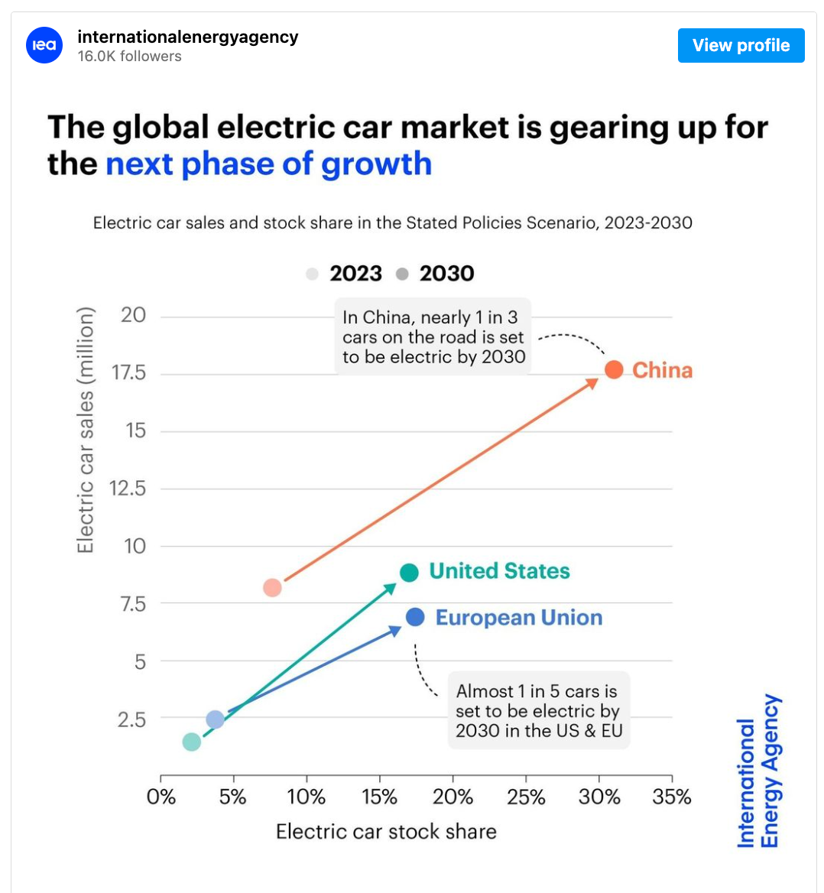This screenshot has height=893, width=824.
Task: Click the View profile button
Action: [x=741, y=46]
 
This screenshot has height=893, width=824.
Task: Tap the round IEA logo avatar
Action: [x=44, y=45]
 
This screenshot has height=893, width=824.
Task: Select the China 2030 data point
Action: [x=614, y=369]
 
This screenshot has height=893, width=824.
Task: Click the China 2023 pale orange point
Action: [x=272, y=588]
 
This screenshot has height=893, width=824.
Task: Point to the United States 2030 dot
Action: [x=409, y=573]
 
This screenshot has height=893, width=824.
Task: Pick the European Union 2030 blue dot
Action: [x=415, y=617]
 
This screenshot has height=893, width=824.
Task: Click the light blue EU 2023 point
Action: [x=216, y=719]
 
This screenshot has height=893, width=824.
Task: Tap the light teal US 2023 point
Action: [x=192, y=742]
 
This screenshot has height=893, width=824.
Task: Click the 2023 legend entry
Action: [x=345, y=274]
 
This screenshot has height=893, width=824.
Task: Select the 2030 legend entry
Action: [x=436, y=274]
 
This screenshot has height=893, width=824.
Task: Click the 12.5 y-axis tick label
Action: [x=128, y=489]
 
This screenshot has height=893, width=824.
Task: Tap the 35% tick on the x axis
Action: [x=672, y=797]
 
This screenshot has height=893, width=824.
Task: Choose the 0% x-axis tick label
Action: [x=161, y=797]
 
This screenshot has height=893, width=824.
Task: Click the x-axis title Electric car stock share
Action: [x=386, y=832]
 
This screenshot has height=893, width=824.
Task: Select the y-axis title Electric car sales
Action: [x=85, y=430]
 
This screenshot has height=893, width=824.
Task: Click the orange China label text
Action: [x=662, y=371]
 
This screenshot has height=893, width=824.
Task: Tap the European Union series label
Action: [x=519, y=618]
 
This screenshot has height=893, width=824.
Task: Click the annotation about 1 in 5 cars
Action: [x=539, y=711]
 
